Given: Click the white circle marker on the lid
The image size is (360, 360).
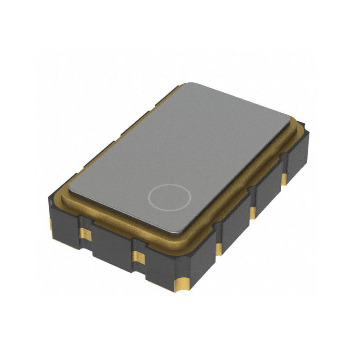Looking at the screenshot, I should (x=170, y=197).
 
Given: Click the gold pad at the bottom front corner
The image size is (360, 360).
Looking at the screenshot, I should (x=183, y=283).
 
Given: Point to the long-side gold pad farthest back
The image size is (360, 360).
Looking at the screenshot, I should (x=284, y=179).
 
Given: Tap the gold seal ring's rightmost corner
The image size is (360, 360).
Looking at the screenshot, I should (x=301, y=125).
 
